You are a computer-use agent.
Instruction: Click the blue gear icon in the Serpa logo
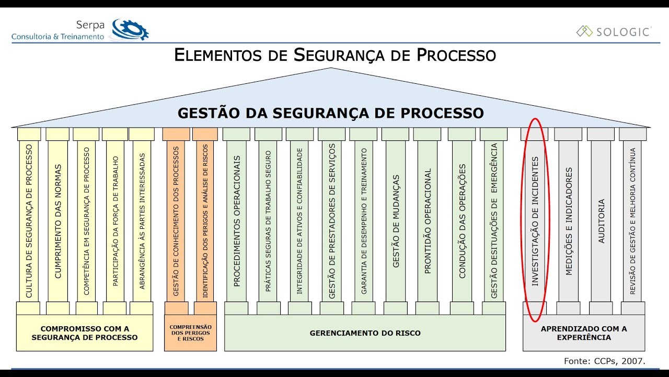pyautogui.click(x=130, y=30)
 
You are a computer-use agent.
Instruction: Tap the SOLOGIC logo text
pyautogui.click(x=623, y=32)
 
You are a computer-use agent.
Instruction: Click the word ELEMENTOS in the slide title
pyautogui.click(x=218, y=55)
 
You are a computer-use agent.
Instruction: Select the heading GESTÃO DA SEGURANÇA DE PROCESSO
pyautogui.click(x=331, y=113)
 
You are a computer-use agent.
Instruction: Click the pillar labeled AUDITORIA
pyautogui.click(x=601, y=221)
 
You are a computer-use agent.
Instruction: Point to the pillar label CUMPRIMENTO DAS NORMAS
pyautogui.click(x=57, y=221)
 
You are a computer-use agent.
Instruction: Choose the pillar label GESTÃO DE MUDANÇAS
pyautogui.click(x=396, y=221)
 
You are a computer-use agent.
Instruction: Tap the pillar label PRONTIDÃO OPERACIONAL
pyautogui.click(x=428, y=221)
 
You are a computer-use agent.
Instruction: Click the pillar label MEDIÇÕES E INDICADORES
pyautogui.click(x=569, y=221)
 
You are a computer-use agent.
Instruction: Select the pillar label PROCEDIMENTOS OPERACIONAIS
pyautogui.click(x=237, y=221)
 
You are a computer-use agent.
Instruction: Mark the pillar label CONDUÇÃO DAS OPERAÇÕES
pyautogui.click(x=462, y=221)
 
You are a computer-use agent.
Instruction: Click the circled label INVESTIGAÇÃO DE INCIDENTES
pyautogui.click(x=535, y=221)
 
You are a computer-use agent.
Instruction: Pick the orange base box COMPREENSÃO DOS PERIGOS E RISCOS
pyautogui.click(x=191, y=332)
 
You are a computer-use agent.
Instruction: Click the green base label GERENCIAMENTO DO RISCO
pyautogui.click(x=365, y=333)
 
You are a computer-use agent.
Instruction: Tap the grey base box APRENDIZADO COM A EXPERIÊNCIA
pyautogui.click(x=584, y=332)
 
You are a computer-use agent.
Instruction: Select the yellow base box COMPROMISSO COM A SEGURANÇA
pyautogui.click(x=85, y=332)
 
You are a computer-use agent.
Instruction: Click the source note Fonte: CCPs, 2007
pyautogui.click(x=605, y=361)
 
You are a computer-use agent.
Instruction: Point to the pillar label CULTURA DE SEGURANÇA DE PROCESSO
pyautogui.click(x=29, y=221)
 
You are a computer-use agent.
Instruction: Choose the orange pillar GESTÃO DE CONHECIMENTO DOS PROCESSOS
pyautogui.click(x=176, y=221)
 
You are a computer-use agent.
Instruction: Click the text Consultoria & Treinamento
pyautogui.click(x=57, y=37)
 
